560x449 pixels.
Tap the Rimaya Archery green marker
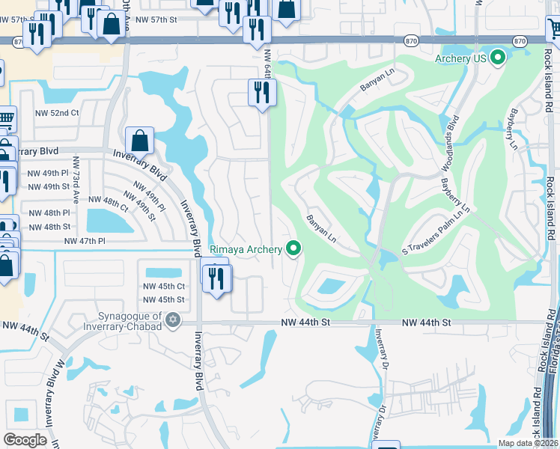pyautogui.click(x=293, y=249)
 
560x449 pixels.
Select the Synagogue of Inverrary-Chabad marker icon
pyautogui.click(x=173, y=320)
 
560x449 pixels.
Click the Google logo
pyautogui.click(x=25, y=439)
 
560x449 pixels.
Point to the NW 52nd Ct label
pyautogui.click(x=55, y=113)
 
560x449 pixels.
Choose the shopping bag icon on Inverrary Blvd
pyautogui.click(x=139, y=140)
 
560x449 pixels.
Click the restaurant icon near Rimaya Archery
pyautogui.click(x=217, y=278)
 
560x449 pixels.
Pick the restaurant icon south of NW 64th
pyautogui.click(x=262, y=93)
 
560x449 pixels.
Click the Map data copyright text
pyautogui.click(x=529, y=443)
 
